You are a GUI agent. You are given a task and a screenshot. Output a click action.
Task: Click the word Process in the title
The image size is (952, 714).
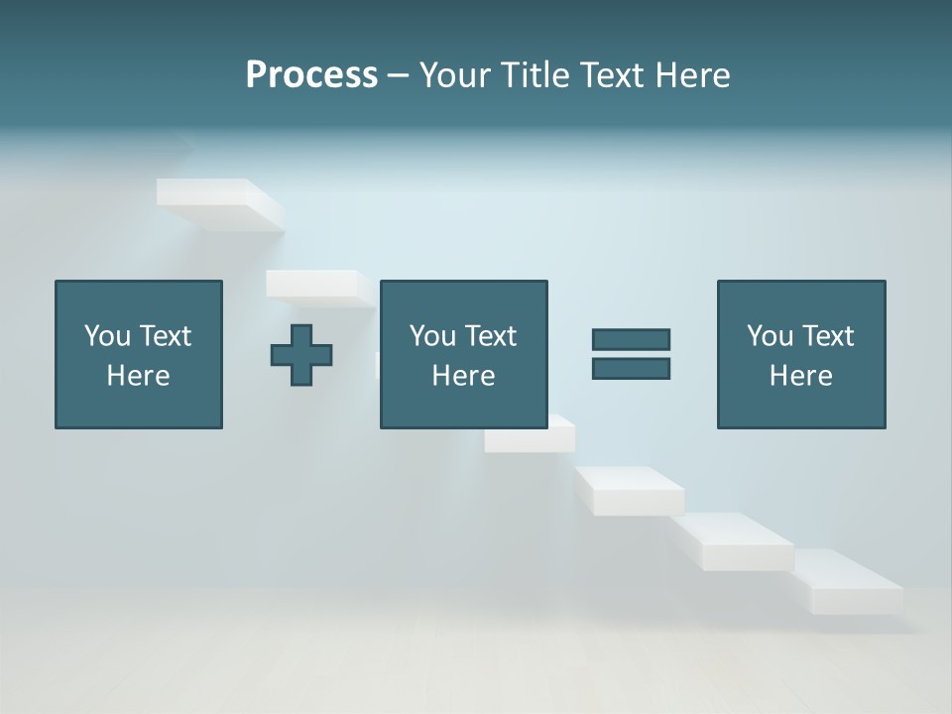(311, 75)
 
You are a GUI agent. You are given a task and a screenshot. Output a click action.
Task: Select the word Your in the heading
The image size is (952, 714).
(456, 75)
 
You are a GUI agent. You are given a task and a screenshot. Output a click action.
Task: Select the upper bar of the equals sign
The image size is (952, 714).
(631, 339)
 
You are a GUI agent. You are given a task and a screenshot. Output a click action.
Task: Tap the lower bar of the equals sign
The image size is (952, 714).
(631, 368)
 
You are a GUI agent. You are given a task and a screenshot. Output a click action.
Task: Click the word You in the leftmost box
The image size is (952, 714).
(107, 336)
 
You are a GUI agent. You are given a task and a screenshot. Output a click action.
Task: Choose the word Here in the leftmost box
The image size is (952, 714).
(138, 376)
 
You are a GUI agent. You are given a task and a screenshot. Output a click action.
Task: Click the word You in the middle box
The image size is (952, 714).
(432, 336)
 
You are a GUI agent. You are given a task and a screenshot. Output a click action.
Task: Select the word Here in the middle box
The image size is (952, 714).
(463, 376)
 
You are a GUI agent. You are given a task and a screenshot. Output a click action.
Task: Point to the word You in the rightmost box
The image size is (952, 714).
(770, 336)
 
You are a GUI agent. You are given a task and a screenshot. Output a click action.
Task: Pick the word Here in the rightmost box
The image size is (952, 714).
(800, 376)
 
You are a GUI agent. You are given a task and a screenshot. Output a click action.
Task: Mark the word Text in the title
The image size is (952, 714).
(612, 75)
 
